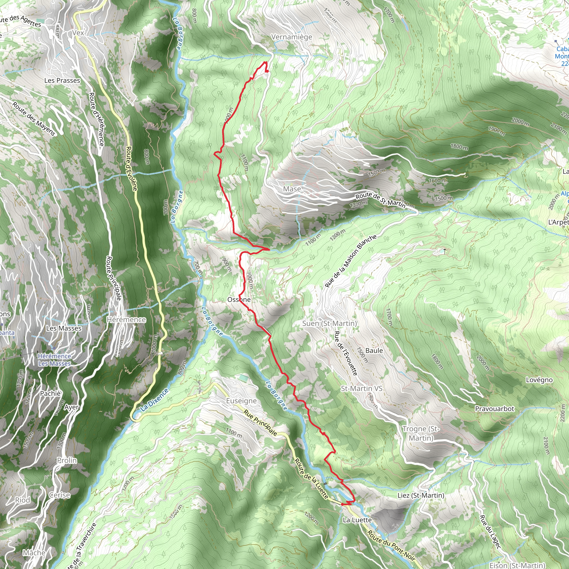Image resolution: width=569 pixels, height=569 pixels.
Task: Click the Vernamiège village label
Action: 291,37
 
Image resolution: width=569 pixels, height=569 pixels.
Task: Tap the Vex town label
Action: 78,33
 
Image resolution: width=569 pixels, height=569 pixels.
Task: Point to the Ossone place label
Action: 239,300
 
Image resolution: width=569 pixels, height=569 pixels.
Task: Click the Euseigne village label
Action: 241,401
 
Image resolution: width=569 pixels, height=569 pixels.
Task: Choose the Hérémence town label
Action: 126,320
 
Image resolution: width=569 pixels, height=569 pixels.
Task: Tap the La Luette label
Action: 357,520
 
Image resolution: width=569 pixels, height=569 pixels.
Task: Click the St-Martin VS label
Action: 362,388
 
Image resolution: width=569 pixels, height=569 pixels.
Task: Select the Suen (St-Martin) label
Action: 330,323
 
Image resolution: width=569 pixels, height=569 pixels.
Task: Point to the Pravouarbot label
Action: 495,408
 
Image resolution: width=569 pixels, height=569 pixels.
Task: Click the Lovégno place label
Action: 539,380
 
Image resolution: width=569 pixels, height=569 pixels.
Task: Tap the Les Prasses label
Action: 62,80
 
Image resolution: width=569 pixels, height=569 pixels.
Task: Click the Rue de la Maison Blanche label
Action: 350,261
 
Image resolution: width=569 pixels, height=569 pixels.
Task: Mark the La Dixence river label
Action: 154,400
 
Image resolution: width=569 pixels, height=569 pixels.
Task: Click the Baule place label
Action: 374,350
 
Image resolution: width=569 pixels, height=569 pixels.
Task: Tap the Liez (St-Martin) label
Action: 421,495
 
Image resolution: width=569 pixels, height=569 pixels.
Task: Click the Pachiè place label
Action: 50,393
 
